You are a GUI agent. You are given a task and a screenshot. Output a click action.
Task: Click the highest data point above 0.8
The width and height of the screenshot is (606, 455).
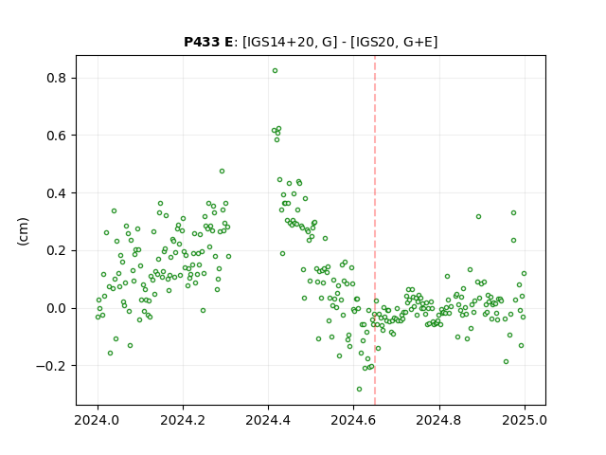tap(275, 71)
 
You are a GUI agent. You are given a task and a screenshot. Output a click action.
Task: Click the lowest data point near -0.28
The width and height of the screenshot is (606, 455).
tap(359, 390)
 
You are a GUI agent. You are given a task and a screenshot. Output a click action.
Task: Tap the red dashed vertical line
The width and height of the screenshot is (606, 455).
tap(375, 230)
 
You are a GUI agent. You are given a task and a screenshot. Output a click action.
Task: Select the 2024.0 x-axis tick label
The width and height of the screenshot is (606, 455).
tap(98, 420)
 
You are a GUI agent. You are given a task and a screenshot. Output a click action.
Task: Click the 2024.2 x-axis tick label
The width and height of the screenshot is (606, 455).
tap(183, 420)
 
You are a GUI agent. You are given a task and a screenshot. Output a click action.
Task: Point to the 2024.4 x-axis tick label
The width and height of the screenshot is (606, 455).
tap(268, 420)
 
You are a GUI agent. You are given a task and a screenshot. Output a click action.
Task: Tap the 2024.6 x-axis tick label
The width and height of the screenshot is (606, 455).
tap(353, 420)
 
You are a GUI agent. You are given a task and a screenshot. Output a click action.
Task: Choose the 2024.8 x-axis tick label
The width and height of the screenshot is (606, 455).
tap(439, 420)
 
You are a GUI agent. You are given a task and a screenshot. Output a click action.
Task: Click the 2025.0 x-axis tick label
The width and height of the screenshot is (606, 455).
tap(525, 420)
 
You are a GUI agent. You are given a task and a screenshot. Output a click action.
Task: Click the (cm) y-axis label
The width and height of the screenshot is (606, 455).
tap(23, 231)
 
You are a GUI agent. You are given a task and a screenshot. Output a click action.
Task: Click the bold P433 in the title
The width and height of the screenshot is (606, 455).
tap(203, 42)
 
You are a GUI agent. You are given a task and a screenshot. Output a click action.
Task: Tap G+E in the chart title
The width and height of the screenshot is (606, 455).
tap(418, 42)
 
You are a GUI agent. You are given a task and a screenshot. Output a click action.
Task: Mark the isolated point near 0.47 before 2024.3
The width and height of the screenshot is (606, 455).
tap(222, 171)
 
